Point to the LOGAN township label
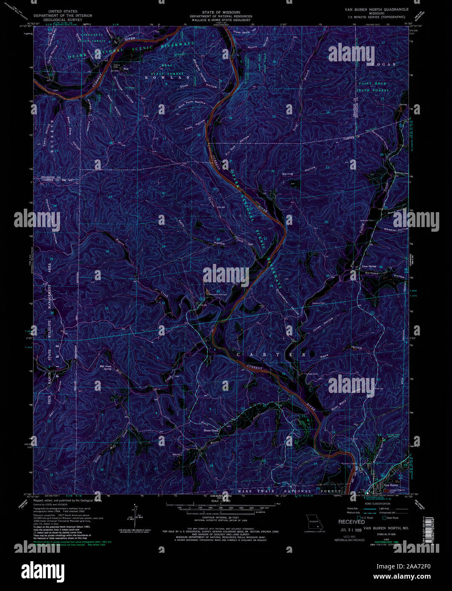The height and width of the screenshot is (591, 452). [x=383, y=64]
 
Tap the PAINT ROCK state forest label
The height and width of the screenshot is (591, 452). [x=372, y=84]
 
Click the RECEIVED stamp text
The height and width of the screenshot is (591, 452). [x=352, y=522]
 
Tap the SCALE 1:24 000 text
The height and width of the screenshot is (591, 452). [x=220, y=501]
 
